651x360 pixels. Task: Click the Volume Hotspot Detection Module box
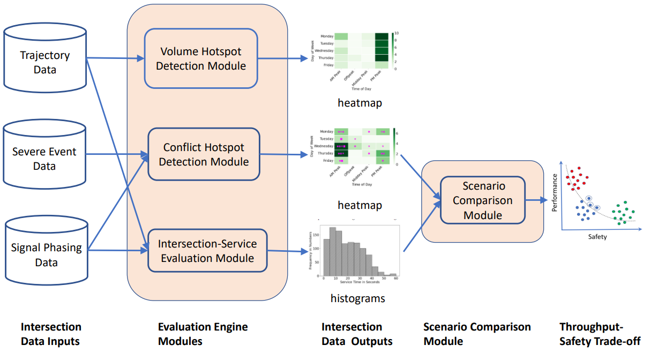[x=201, y=58]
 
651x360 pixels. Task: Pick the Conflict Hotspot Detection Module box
[x=204, y=154]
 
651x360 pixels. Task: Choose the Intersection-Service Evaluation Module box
[x=207, y=251]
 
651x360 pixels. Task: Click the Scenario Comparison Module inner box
[x=483, y=201]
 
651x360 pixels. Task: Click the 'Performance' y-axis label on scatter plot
[x=555, y=191]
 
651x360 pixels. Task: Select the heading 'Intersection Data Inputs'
[x=51, y=334]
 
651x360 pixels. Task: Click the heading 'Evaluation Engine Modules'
[x=203, y=334]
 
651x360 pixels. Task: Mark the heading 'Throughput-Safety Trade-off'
[x=600, y=334]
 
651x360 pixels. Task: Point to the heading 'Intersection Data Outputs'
[x=356, y=334]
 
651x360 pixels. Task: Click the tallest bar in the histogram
[x=333, y=252]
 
